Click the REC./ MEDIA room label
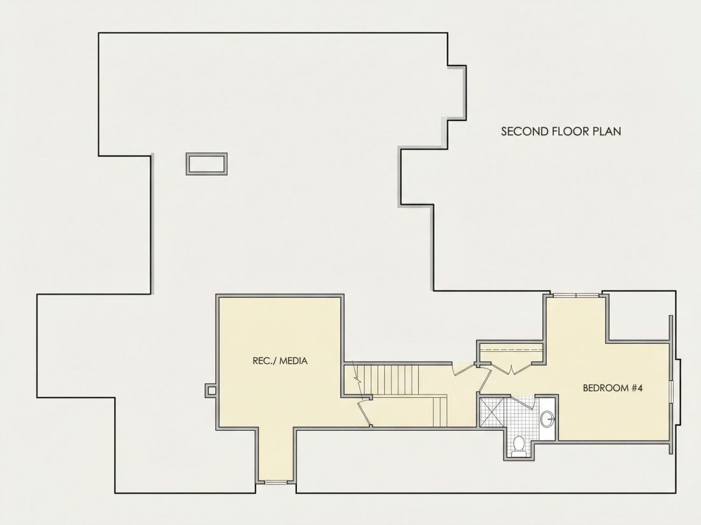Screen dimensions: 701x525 point(280,361)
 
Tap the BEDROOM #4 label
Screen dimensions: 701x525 point(612,388)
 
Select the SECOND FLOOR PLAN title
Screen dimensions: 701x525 point(561,131)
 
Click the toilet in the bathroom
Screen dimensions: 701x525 point(519,445)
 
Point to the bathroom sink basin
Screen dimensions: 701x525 point(547,419)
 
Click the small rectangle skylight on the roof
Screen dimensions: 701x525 point(206,164)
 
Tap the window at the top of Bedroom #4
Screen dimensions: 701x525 point(575,295)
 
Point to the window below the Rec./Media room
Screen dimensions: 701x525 point(275,482)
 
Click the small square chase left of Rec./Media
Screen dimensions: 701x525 point(211,390)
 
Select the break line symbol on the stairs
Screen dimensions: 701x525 point(357,379)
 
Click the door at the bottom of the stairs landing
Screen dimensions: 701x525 point(364,412)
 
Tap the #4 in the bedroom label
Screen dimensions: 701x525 point(637,388)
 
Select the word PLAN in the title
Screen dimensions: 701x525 point(607,131)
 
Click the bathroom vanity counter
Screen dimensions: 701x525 point(547,419)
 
